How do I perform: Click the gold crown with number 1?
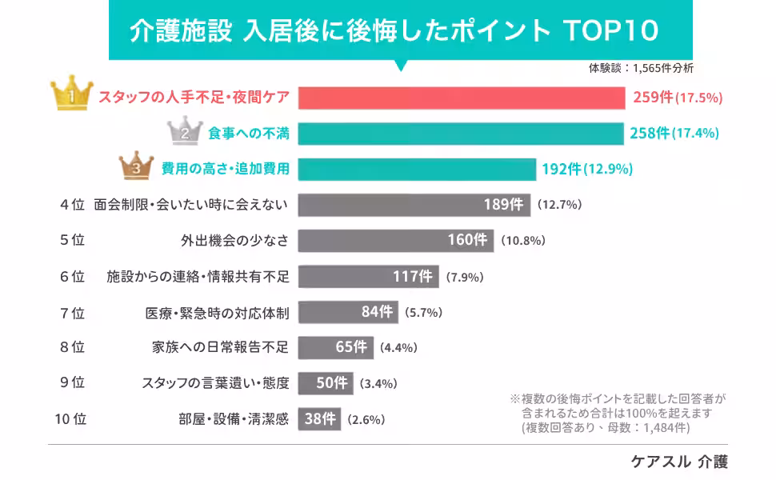[x=72, y=95]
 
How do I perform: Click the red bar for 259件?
[x=461, y=98]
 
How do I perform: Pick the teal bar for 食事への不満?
[x=460, y=133]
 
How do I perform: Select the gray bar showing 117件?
[x=368, y=277]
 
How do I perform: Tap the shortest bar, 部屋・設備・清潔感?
[x=319, y=418]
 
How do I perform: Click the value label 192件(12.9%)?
[x=587, y=169]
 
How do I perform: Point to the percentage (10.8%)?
[x=523, y=240]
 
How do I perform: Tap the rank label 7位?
[x=72, y=313]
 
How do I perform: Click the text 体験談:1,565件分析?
[x=641, y=68]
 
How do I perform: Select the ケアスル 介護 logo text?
[x=679, y=462]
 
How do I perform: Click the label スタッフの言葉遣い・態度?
[x=215, y=382]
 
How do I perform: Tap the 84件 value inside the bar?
[x=377, y=312]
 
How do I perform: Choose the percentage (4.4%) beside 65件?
[x=399, y=348]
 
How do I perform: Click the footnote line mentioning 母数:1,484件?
[x=605, y=428]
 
